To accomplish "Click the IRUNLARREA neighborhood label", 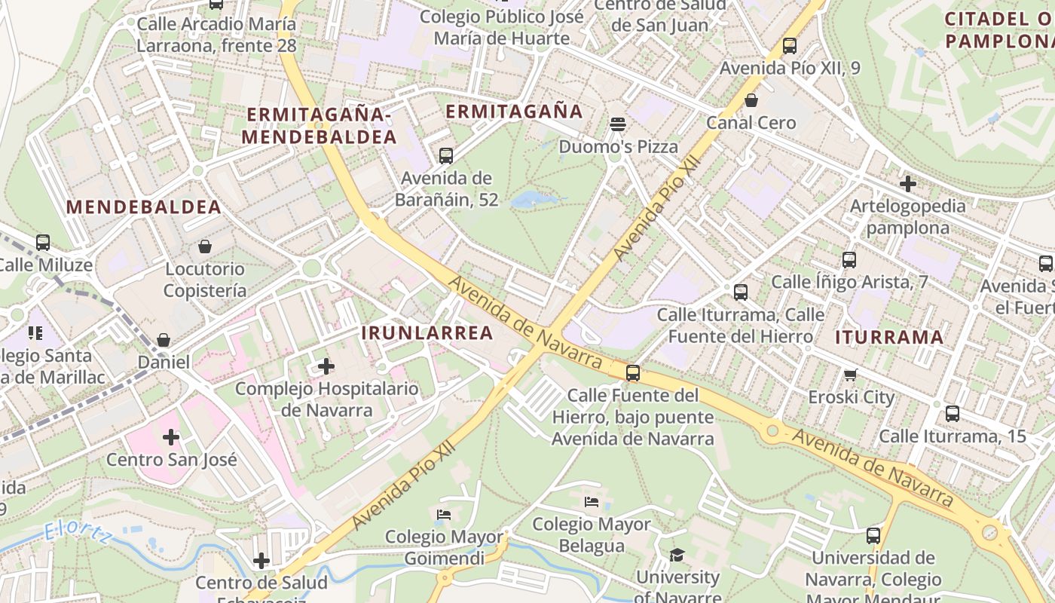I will (427, 332).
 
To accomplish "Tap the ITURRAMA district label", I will (889, 337).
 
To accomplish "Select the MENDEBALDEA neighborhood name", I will (143, 207).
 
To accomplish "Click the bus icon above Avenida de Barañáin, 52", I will (446, 156).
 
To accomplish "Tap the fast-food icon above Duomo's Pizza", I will (618, 124).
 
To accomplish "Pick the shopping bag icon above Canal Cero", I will (751, 99).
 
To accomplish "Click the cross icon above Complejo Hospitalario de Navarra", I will (326, 366).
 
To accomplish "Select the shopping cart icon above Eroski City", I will (851, 375).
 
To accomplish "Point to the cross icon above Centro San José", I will (171, 437).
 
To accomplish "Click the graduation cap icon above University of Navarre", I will (677, 556).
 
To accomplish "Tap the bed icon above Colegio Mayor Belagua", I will (592, 501).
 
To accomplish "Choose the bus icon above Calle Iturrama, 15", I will (953, 413).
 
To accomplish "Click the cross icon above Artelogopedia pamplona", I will (908, 183).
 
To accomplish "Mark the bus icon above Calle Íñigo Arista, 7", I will (849, 260).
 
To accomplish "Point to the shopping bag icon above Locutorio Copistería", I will (204, 246).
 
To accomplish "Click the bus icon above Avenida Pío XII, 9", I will (790, 46).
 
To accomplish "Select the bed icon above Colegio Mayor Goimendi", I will (444, 515).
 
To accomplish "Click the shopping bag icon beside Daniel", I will (164, 341).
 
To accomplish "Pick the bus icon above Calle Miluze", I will (43, 243).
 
